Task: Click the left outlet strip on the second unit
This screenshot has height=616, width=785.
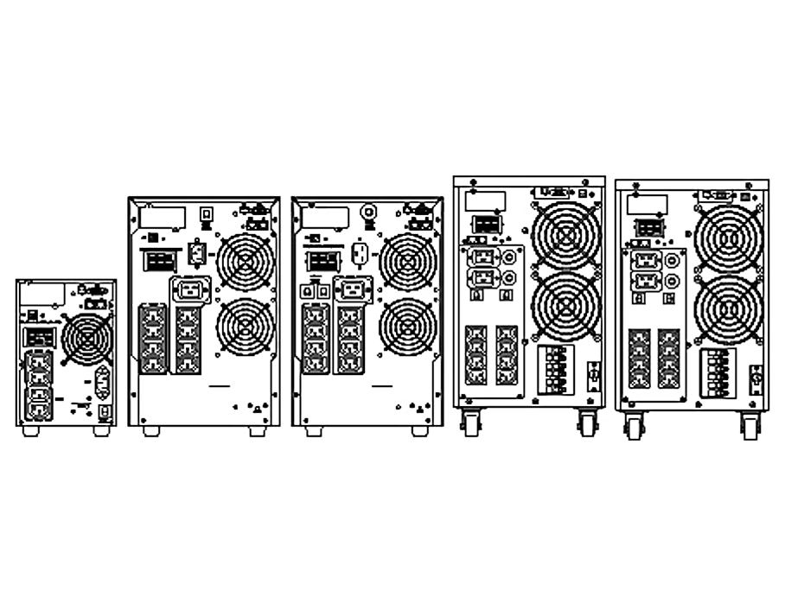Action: [151, 337]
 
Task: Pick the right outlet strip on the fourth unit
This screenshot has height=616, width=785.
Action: [506, 354]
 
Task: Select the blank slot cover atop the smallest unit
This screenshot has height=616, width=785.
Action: [35, 292]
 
